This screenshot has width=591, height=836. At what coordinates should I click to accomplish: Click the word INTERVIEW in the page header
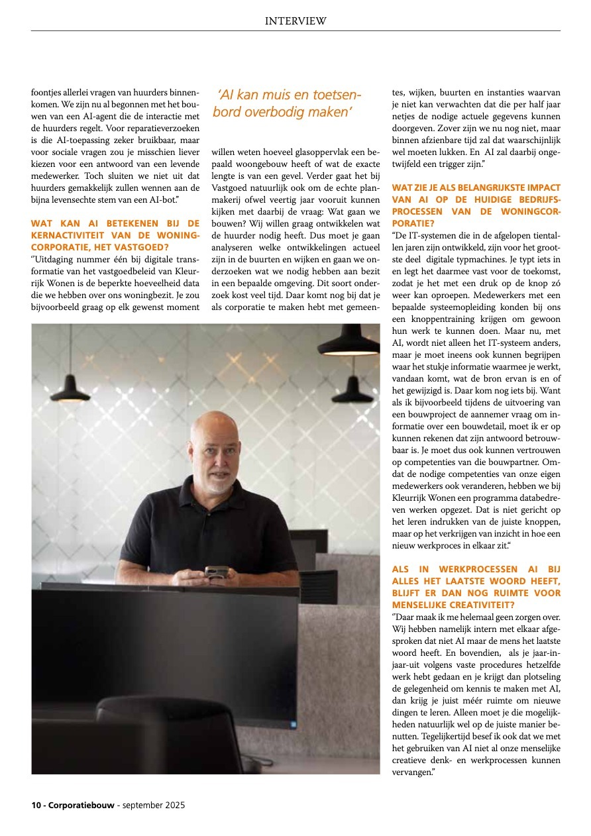coord(295,21)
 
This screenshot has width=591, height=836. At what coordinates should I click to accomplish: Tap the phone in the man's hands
coord(217,572)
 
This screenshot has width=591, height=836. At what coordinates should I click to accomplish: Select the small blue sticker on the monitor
coord(292,725)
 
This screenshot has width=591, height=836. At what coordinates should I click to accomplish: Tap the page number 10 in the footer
coord(36,806)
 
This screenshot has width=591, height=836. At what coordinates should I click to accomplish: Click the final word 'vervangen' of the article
coord(411,772)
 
